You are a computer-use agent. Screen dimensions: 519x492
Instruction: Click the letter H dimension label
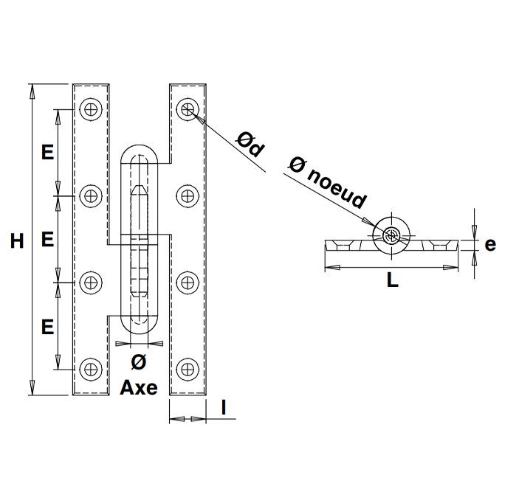[x=17, y=240]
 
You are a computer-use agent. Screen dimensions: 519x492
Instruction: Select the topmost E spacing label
[x=48, y=153]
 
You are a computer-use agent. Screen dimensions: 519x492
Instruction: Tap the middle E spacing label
[x=48, y=239]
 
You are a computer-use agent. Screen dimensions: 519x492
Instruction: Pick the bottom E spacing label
[x=48, y=327]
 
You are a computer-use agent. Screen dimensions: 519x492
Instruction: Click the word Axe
[x=139, y=387]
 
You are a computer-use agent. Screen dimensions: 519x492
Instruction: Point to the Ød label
[x=250, y=145]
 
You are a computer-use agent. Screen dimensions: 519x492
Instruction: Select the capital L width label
[x=393, y=280]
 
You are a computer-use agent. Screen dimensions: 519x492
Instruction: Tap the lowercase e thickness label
[x=490, y=245]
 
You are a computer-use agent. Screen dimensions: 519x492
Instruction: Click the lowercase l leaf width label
[x=224, y=407]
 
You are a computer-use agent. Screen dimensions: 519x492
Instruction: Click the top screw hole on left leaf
[x=91, y=109]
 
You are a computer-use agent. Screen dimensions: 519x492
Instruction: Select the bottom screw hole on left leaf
[x=91, y=369]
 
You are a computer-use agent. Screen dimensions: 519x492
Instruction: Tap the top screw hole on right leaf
[x=188, y=109]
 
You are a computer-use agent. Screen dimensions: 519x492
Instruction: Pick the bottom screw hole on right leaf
[x=188, y=369]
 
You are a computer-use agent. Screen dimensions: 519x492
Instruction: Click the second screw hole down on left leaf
[x=91, y=196]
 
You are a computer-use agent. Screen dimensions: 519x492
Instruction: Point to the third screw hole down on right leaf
[x=188, y=283]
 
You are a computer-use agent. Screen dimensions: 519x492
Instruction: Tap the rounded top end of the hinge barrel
[x=139, y=145]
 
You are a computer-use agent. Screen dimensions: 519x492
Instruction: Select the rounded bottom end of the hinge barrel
[x=139, y=333]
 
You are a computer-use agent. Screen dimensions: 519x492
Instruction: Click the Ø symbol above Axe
[x=139, y=362]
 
